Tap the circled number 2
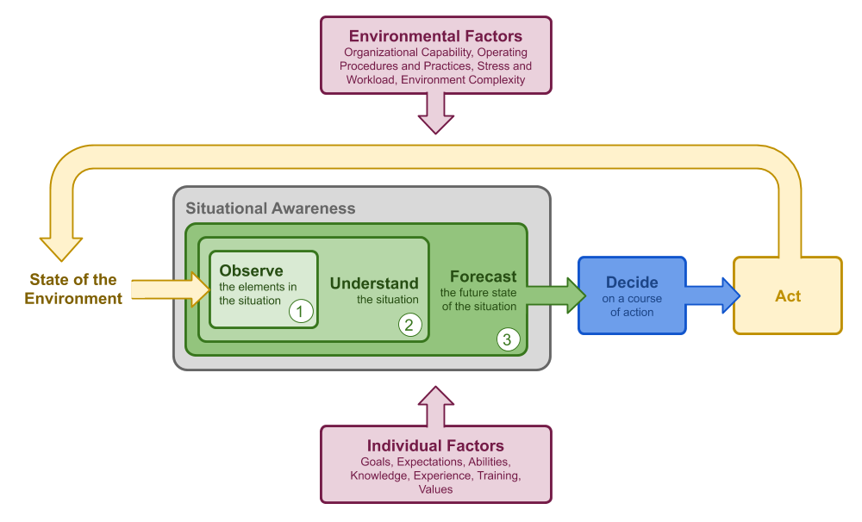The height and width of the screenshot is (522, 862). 409,325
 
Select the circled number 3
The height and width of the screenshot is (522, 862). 507,339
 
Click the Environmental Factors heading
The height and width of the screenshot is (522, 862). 435,36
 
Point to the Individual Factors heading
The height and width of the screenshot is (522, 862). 435,445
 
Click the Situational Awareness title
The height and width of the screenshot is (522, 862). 271,208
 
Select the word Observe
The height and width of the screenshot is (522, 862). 251,270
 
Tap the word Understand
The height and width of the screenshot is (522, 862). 374,283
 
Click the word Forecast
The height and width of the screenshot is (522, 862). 484,277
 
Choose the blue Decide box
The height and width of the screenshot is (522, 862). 632,295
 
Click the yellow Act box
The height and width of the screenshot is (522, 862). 787,295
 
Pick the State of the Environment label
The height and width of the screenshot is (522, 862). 73,289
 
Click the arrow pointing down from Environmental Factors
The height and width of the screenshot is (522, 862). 435,113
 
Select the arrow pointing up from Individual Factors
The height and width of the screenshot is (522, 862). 435,405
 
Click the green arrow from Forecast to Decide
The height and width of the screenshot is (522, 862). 552,295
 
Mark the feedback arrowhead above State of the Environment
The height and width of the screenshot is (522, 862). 62,245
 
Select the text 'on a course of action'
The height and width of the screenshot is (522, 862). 632,305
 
